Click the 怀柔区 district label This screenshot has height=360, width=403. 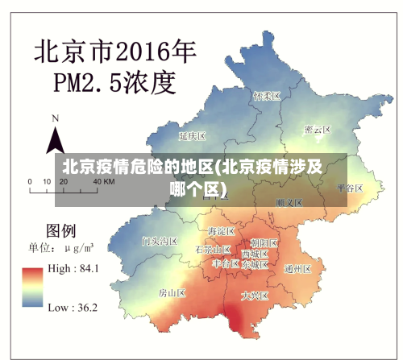tap(266, 96)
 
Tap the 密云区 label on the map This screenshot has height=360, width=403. tap(318, 129)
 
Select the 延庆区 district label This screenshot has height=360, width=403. tap(193, 136)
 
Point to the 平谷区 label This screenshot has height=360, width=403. tap(351, 187)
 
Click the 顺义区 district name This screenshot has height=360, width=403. tap(289, 202)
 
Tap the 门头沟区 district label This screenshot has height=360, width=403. tap(159, 240)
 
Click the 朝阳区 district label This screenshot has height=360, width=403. tap(264, 242)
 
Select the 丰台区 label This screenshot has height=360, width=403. tap(226, 263)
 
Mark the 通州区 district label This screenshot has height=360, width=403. tap(298, 268)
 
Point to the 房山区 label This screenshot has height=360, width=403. tap(172, 292)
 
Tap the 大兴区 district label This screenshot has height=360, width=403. tap(256, 296)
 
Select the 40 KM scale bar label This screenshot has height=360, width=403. tap(104, 182)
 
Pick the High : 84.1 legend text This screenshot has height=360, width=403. tap(74, 269)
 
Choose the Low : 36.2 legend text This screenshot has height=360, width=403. tap(73, 307)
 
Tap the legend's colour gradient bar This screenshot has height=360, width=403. tap(33, 288)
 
